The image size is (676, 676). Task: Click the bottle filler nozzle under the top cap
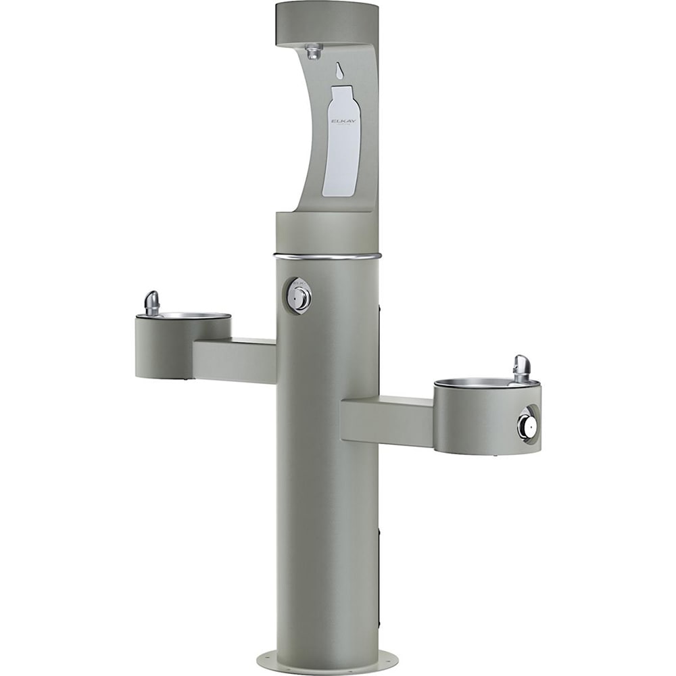coord(313,51)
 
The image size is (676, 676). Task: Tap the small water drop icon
coord(339,70)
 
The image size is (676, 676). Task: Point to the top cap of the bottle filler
coord(327,22)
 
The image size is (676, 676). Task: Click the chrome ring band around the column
coord(327,257)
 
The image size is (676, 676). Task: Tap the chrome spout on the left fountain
coord(152,303)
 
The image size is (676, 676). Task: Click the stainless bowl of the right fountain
coord(476,383)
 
